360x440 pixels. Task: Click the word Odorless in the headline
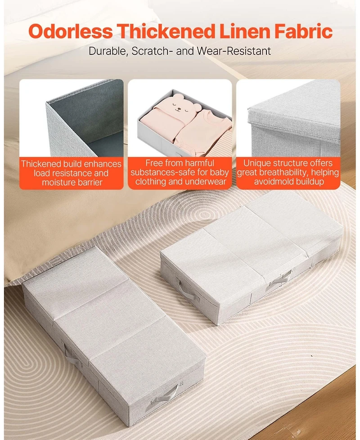[x=71, y=31]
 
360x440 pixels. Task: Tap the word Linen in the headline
[x=246, y=31]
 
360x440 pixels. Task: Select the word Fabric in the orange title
[x=304, y=31]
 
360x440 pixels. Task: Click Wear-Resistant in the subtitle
[x=234, y=51]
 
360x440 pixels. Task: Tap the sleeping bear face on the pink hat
[x=182, y=104]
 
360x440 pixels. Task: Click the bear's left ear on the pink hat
[x=176, y=97]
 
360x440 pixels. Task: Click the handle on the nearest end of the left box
[x=165, y=395]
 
